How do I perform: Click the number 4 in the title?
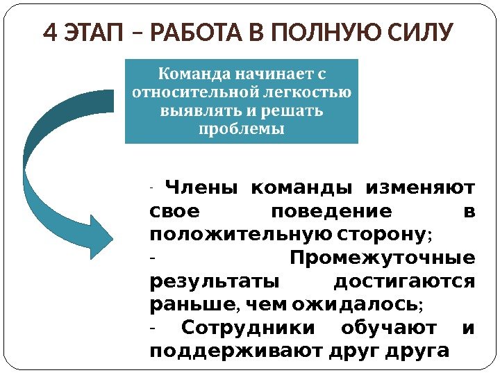[x=50, y=33]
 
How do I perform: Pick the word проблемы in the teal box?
[x=241, y=129]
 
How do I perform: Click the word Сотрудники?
[x=248, y=328]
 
